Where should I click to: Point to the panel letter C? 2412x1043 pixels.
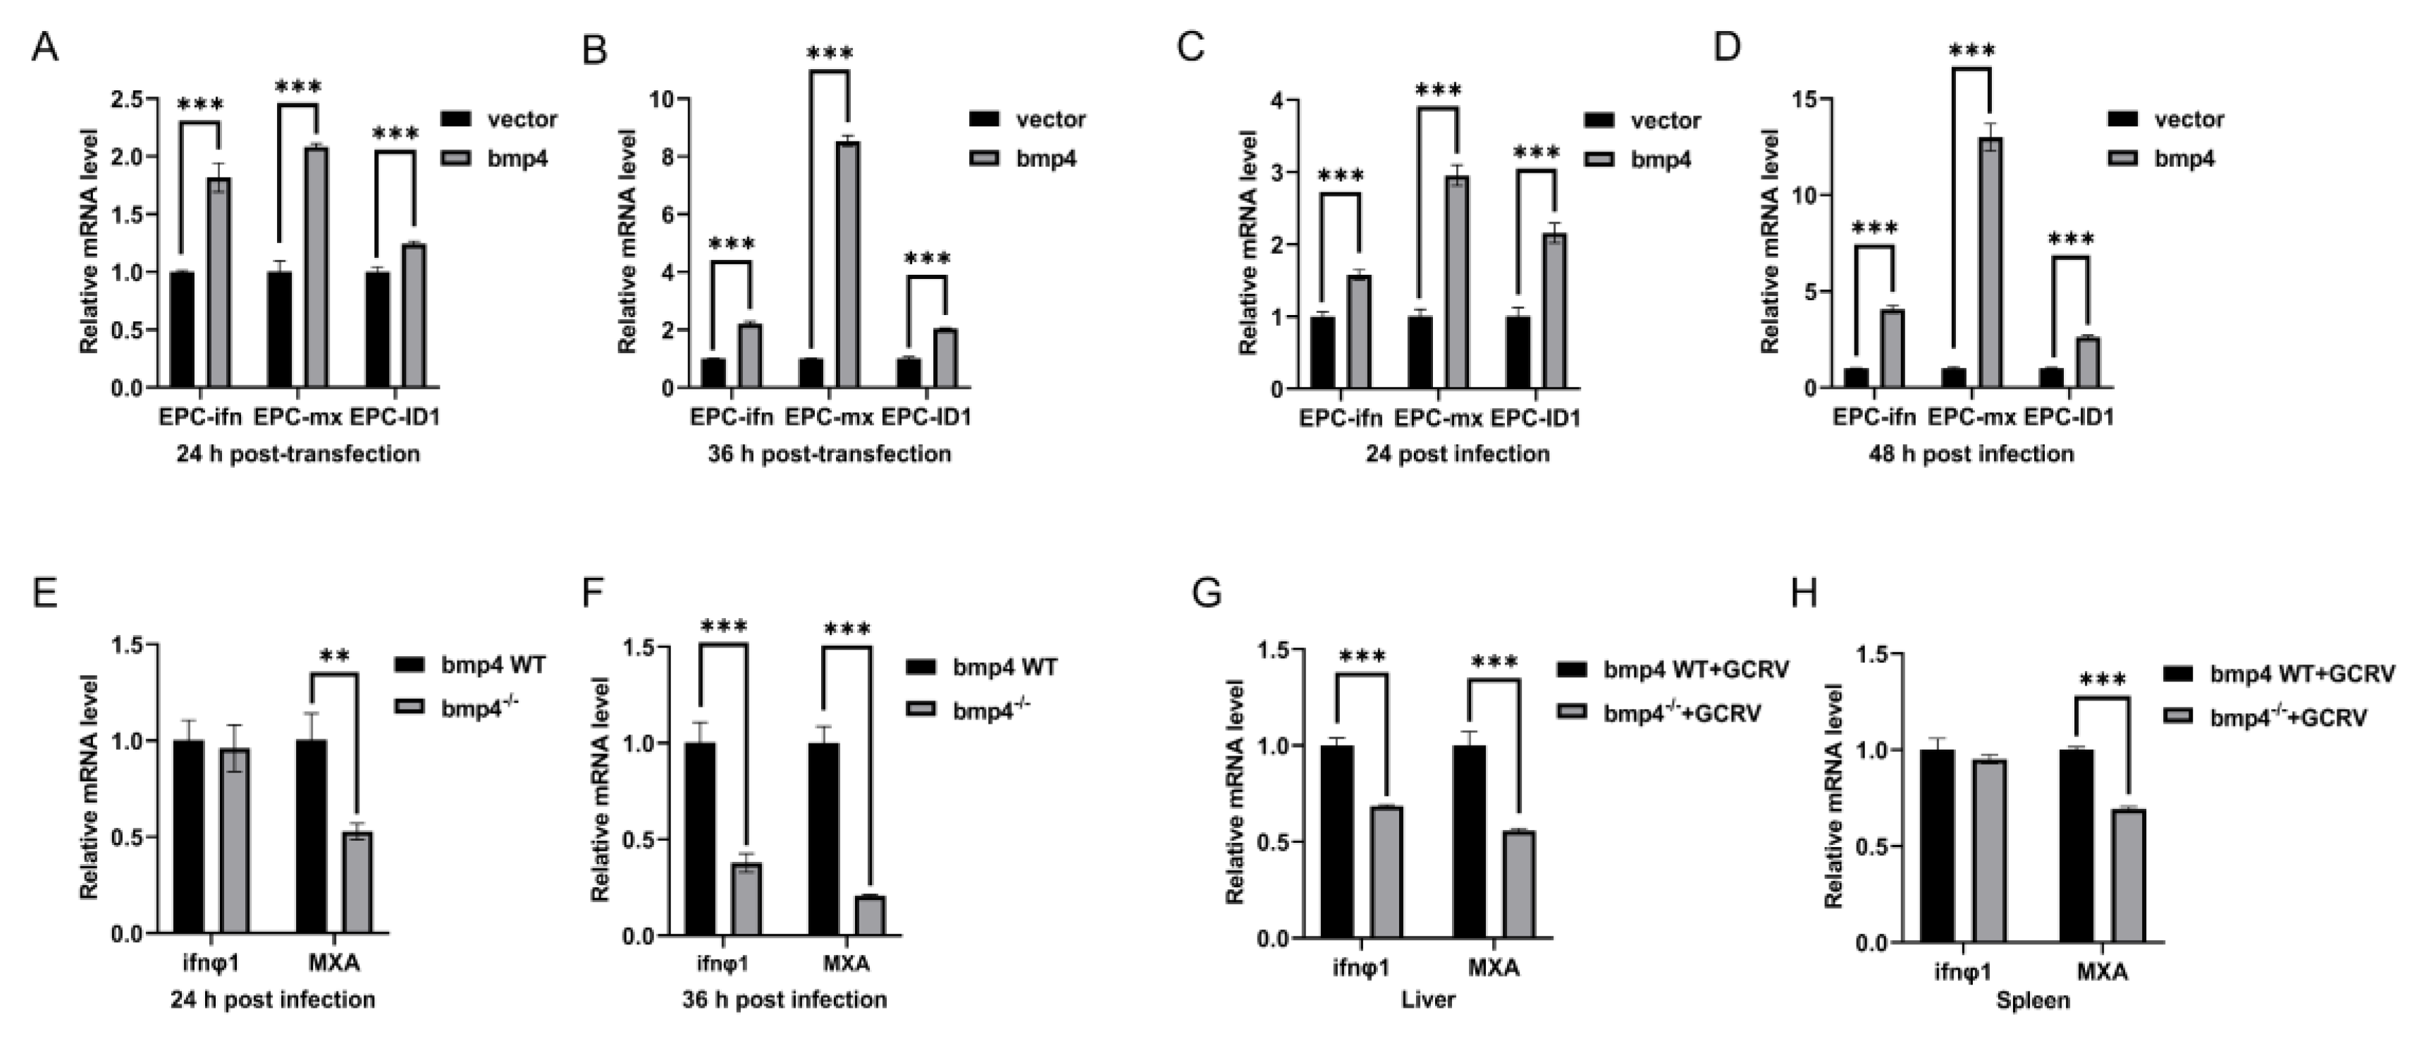[x=1190, y=47]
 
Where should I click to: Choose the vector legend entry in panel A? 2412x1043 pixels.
[x=522, y=119]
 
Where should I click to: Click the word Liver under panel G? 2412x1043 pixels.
[x=1428, y=1000]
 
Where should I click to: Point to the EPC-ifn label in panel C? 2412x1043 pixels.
[x=1340, y=418]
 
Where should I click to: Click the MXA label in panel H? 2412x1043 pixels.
[x=2102, y=972]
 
